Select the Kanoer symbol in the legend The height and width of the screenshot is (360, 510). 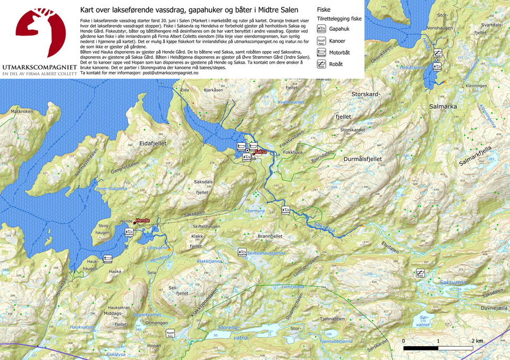pyautogui.click(x=321, y=40)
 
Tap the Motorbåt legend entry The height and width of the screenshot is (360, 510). pyautogui.click(x=321, y=52)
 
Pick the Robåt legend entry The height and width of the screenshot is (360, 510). pyautogui.click(x=321, y=64)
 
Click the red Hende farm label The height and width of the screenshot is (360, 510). pyautogui.click(x=142, y=220)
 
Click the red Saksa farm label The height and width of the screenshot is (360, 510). pyautogui.click(x=260, y=151)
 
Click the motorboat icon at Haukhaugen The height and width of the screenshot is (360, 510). pyautogui.click(x=108, y=259)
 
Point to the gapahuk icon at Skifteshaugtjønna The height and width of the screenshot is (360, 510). pyautogui.click(x=242, y=253)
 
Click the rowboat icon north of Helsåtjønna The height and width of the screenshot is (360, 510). pyautogui.click(x=437, y=52)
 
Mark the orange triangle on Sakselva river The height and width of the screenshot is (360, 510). pyautogui.click(x=362, y=226)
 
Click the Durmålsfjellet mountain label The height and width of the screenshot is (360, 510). pyautogui.click(x=363, y=159)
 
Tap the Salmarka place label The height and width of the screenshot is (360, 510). pyautogui.click(x=443, y=107)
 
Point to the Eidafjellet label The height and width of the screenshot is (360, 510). pyautogui.click(x=153, y=143)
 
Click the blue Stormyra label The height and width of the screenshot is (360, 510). pyautogui.click(x=254, y=211)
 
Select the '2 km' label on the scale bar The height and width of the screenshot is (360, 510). pyautogui.click(x=477, y=340)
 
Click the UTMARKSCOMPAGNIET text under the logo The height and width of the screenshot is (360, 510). pyautogui.click(x=39, y=67)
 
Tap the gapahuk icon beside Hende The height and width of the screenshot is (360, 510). pyautogui.click(x=129, y=232)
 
